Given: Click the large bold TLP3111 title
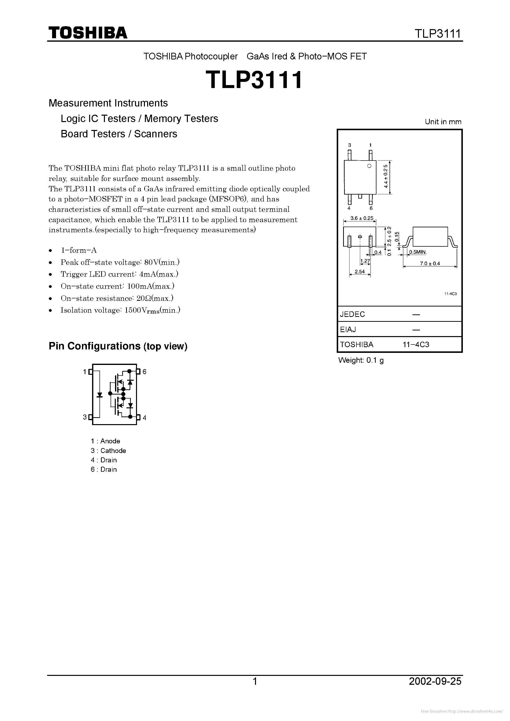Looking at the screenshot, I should pyautogui.click(x=254, y=80).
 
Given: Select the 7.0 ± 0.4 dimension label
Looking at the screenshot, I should pyautogui.click(x=430, y=263).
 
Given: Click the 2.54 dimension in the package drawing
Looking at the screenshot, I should pyautogui.click(x=359, y=272).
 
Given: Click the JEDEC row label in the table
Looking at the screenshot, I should pyautogui.click(x=353, y=314).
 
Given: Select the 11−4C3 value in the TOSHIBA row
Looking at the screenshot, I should pyautogui.click(x=416, y=344).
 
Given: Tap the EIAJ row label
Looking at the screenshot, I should pyautogui.click(x=348, y=329).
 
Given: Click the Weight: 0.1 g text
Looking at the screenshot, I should pyautogui.click(x=361, y=360).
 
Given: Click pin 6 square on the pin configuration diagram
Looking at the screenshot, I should pyautogui.click(x=138, y=372).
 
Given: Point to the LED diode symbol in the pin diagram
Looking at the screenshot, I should pyautogui.click(x=100, y=395).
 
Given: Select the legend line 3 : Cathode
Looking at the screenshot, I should pyautogui.click(x=108, y=451).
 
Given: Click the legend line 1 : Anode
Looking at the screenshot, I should pyautogui.click(x=105, y=441).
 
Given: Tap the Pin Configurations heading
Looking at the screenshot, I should pyautogui.click(x=118, y=346).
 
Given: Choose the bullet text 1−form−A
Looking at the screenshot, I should pyautogui.click(x=78, y=250).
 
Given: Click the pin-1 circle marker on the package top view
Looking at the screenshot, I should pyautogui.click(x=370, y=166).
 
